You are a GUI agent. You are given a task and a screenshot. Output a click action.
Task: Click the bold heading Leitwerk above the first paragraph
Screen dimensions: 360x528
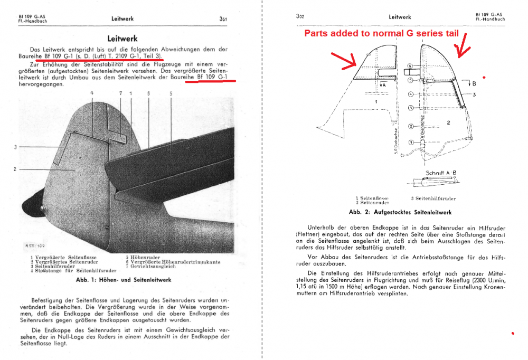pos(122,39)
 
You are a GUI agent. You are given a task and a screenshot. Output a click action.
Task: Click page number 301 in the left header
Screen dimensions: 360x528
pos(223,18)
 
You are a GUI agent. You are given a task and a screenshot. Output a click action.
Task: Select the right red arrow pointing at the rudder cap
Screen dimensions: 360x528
pos(463,44)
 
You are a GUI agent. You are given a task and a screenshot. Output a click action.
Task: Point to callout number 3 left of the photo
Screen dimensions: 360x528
pos(16,147)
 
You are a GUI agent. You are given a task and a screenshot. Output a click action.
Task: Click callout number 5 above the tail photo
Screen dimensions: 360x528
pos(171,93)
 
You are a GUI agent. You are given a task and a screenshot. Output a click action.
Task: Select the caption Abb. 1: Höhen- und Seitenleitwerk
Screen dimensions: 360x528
pos(123,280)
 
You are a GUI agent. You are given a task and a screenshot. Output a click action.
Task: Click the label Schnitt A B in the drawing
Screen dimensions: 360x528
pos(440,173)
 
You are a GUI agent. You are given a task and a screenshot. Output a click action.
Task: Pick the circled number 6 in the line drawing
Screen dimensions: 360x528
pos(410,67)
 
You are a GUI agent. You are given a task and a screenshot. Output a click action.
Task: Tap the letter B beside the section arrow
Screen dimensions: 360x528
pos(474,83)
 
